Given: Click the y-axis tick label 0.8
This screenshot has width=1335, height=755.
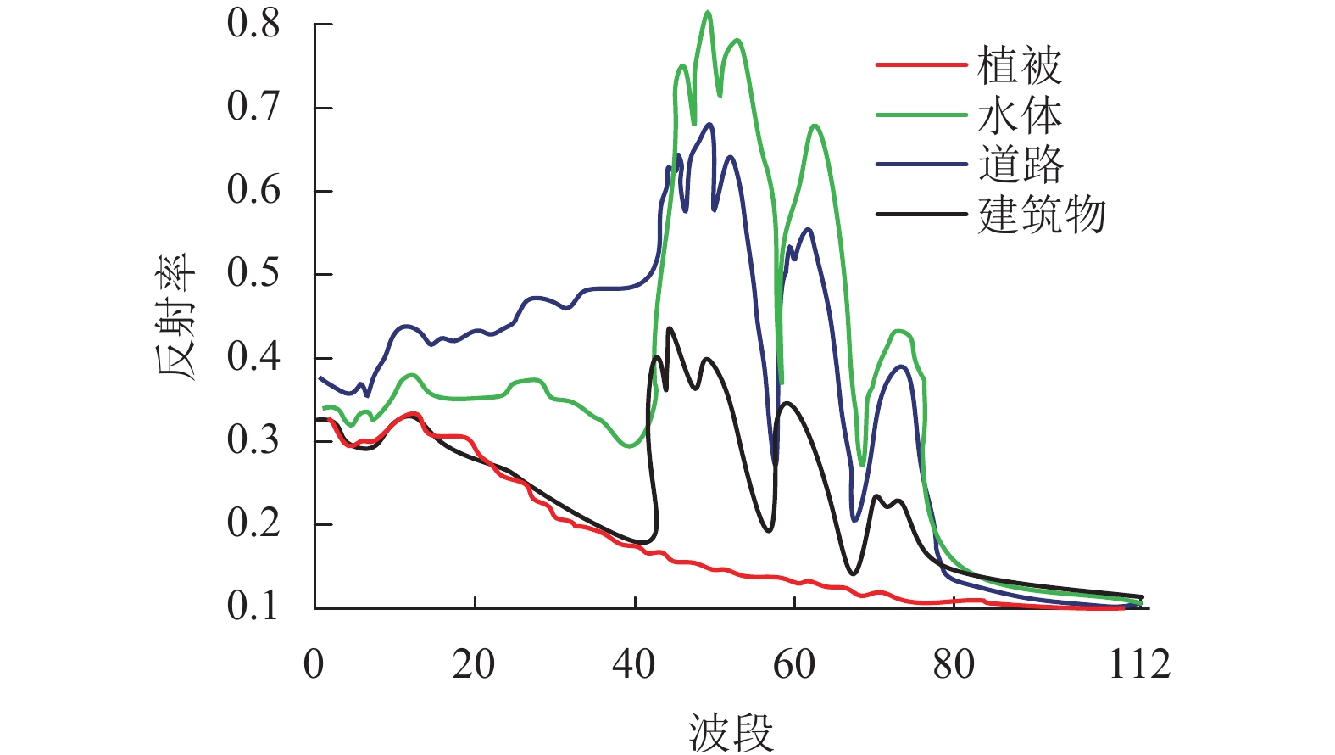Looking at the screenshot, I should pyautogui.click(x=253, y=24).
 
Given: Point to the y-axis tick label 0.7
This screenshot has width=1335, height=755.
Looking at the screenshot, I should pyautogui.click(x=253, y=107).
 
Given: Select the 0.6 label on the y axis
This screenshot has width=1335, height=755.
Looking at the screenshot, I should pyautogui.click(x=253, y=190).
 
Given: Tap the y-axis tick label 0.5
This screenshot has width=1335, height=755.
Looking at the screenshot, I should pyautogui.click(x=253, y=273).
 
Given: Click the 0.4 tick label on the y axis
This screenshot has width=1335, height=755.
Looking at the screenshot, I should pyautogui.click(x=253, y=357).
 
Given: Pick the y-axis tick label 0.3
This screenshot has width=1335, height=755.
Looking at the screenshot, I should pyautogui.click(x=253, y=440).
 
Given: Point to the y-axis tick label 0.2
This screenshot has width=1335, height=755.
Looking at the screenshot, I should pyautogui.click(x=253, y=523).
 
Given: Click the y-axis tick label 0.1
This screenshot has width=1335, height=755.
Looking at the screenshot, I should pyautogui.click(x=253, y=607).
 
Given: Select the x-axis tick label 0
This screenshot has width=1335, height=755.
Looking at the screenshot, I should pyautogui.click(x=314, y=664).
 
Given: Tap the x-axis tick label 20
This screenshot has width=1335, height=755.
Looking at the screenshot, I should pyautogui.click(x=474, y=664).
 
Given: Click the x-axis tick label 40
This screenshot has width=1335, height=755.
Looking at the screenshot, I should pyautogui.click(x=634, y=664).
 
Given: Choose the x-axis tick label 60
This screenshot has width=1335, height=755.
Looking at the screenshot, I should pyautogui.click(x=794, y=664).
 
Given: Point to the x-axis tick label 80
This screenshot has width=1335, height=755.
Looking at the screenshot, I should pyautogui.click(x=954, y=664).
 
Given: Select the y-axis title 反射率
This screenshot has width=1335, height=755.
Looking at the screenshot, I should pyautogui.click(x=175, y=316).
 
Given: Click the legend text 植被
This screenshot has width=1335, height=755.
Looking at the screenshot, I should pyautogui.click(x=1020, y=65).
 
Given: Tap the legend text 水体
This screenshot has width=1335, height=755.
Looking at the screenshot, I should pyautogui.click(x=1020, y=115).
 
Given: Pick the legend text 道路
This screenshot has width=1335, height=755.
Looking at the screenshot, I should pyautogui.click(x=1020, y=164).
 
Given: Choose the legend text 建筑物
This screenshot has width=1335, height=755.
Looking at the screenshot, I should pyautogui.click(x=1042, y=214).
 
